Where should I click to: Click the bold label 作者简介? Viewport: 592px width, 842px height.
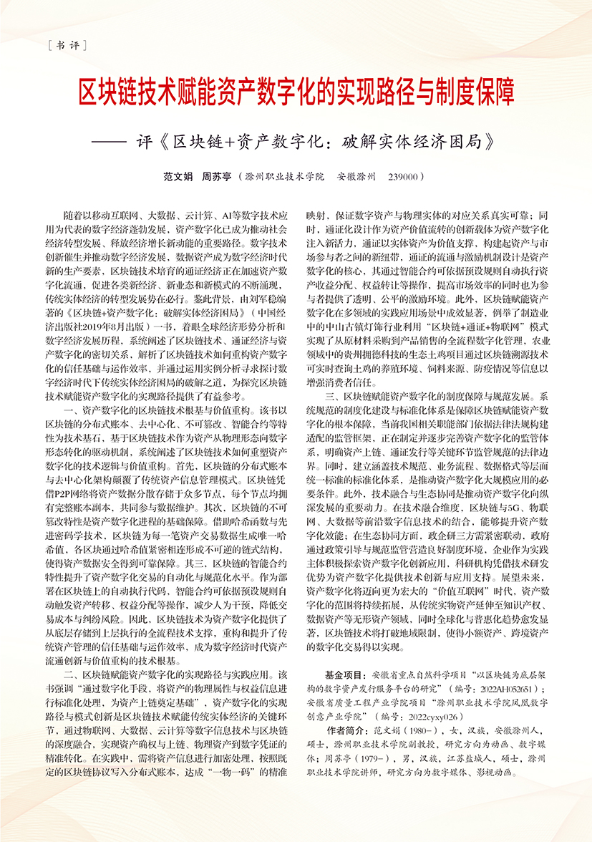[x=342, y=729]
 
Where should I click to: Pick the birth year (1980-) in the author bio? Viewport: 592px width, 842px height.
[x=419, y=729]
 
